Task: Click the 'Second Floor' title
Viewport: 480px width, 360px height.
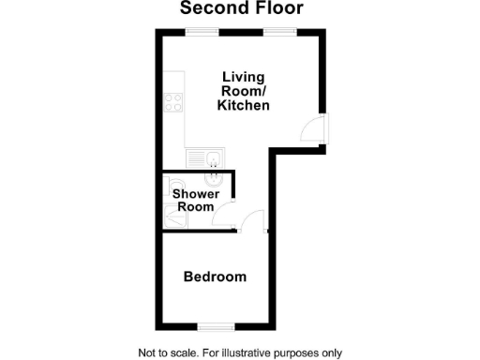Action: click(x=242, y=9)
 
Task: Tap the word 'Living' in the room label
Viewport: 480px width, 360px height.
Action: click(x=243, y=76)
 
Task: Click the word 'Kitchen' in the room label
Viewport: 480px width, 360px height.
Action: click(x=243, y=106)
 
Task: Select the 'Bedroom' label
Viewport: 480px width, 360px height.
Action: click(x=215, y=277)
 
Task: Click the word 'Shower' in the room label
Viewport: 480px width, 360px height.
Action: click(x=196, y=194)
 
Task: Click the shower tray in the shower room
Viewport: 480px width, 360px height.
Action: click(x=174, y=217)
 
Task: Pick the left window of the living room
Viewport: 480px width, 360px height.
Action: click(x=202, y=33)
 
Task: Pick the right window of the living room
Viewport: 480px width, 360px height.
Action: click(x=279, y=33)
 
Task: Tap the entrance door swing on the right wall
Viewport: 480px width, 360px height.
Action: click(x=311, y=129)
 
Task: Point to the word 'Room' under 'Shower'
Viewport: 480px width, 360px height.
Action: click(x=196, y=206)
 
